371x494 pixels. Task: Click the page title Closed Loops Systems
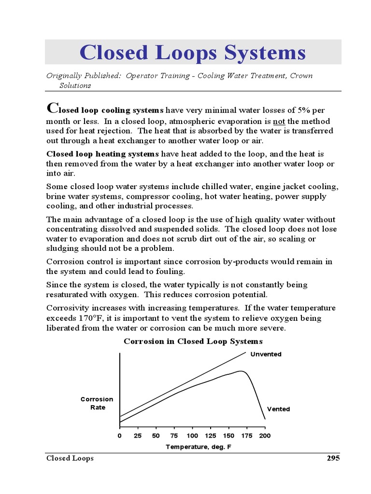click(x=192, y=52)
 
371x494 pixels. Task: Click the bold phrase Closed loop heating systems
click(x=102, y=154)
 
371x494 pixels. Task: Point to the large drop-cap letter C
click(x=52, y=108)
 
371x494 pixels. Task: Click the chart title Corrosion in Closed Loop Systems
click(x=193, y=342)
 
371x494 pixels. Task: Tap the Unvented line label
click(x=266, y=354)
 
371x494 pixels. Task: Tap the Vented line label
click(x=279, y=409)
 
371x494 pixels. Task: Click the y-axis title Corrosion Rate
click(x=97, y=403)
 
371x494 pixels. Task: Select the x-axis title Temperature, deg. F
click(x=199, y=447)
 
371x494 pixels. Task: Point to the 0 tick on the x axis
click(x=120, y=436)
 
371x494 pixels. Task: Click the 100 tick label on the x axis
click(x=192, y=436)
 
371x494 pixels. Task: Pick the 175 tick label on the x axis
click(x=247, y=436)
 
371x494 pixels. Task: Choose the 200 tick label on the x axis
click(x=265, y=436)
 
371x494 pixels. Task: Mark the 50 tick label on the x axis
click(x=156, y=436)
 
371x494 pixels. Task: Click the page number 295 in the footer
click(x=333, y=458)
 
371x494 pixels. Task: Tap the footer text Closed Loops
click(x=70, y=458)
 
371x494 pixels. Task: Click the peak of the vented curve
click(x=241, y=371)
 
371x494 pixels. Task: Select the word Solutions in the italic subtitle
click(x=75, y=85)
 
